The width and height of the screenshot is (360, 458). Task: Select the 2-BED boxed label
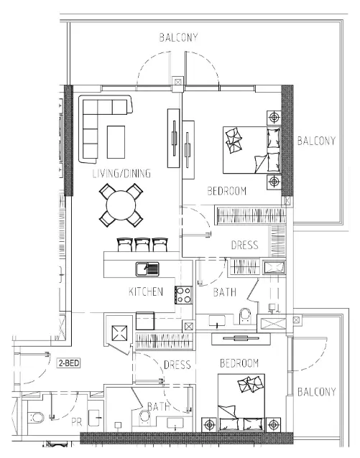(x=70, y=363)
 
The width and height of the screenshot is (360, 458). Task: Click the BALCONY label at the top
(x=179, y=37)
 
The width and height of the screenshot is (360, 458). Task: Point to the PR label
(x=77, y=423)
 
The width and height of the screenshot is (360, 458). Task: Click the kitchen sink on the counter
(x=148, y=269)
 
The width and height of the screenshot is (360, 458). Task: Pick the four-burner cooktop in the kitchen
(x=183, y=293)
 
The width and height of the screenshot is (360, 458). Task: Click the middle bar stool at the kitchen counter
(x=142, y=245)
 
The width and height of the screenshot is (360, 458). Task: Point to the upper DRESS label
(x=244, y=246)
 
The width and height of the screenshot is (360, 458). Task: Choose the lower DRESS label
(x=177, y=365)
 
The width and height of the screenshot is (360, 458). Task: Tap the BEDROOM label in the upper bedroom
(x=227, y=192)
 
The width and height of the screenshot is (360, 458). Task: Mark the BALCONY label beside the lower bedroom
(x=316, y=392)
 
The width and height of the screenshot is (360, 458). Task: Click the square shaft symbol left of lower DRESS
(x=119, y=333)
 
